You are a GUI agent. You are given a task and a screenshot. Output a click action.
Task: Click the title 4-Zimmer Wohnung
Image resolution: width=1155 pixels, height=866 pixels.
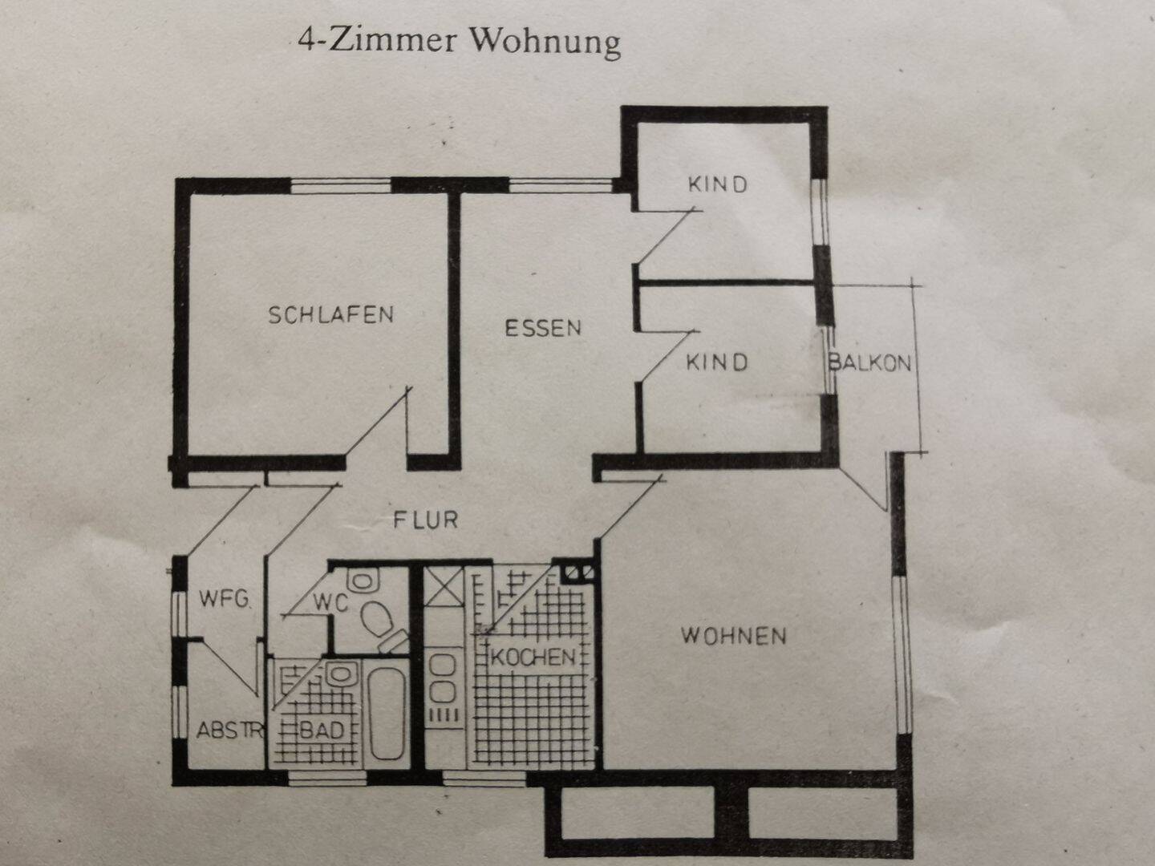tap(459, 41)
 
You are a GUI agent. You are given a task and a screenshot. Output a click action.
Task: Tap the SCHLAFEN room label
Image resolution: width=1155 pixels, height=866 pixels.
tap(330, 314)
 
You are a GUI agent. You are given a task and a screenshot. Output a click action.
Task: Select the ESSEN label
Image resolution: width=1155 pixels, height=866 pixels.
tap(543, 327)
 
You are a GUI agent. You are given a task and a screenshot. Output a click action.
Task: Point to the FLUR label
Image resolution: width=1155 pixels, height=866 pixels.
tap(425, 520)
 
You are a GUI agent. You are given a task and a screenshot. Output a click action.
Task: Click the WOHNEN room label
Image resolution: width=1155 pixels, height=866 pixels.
tap(733, 636)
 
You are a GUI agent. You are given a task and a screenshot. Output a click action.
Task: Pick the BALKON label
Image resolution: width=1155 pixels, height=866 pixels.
tap(870, 362)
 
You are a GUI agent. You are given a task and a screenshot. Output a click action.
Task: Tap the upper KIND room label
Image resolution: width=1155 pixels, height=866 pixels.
tap(718, 184)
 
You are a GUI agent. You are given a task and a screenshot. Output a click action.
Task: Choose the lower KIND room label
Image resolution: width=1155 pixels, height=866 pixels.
tap(716, 362)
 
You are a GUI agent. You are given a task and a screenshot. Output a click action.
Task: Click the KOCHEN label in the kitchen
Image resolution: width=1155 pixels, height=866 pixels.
tap(533, 658)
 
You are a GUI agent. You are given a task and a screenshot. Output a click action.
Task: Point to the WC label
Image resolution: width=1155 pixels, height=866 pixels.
tap(331, 601)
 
